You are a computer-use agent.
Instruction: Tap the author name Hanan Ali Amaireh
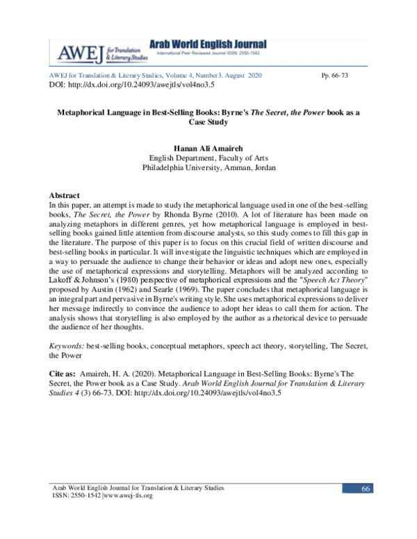point(208,148)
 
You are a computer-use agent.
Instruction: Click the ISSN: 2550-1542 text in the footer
point(74,496)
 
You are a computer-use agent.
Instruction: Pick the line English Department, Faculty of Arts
point(208,158)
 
